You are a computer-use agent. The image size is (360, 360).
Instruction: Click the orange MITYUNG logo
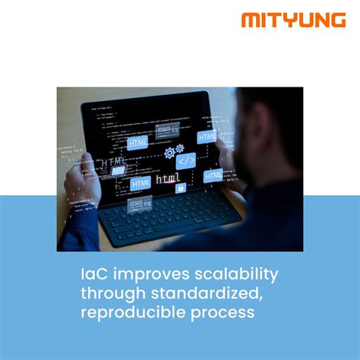[x=293, y=20]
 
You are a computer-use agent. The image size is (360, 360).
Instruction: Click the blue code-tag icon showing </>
[x=185, y=161]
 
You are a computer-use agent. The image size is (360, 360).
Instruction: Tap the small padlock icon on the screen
[x=181, y=187]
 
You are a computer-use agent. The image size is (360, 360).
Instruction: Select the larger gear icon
[x=169, y=153]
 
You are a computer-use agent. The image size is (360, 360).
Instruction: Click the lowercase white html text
[x=168, y=180]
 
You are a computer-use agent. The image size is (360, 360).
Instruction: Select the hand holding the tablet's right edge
[x=229, y=152]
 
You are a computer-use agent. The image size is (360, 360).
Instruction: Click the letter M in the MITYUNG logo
[x=251, y=20]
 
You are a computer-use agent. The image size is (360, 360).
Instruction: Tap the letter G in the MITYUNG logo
[x=336, y=20]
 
